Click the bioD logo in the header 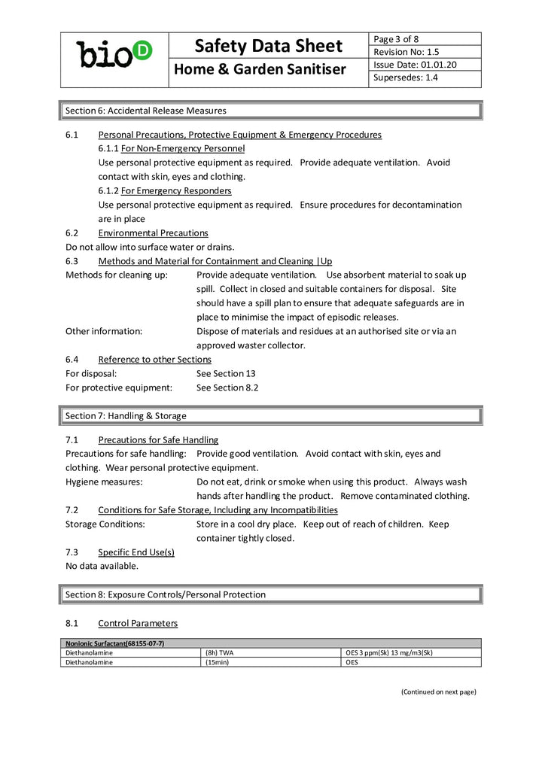pos(114,53)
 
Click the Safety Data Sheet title pos(269,46)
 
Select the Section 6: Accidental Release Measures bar pos(270,111)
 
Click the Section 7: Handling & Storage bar pos(270,415)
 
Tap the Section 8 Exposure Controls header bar pos(270,594)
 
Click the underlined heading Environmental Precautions pos(153,233)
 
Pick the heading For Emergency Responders pos(176,191)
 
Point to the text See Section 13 pos(226,373)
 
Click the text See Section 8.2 pos(227,388)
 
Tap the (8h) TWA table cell pos(220,652)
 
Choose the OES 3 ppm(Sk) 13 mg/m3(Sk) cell pos(388,652)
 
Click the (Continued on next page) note pos(438,692)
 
